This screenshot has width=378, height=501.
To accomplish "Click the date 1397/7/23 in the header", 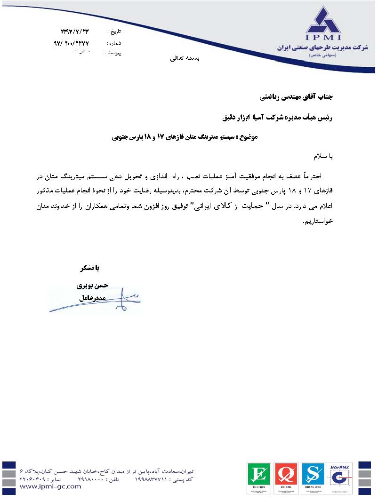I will point(75,32).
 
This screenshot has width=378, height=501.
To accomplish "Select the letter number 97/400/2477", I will point(72,42).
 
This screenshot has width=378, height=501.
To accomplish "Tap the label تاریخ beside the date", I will point(115,32).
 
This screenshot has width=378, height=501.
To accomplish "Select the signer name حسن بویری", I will point(92,285).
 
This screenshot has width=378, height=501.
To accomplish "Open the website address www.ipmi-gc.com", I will point(51,487).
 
